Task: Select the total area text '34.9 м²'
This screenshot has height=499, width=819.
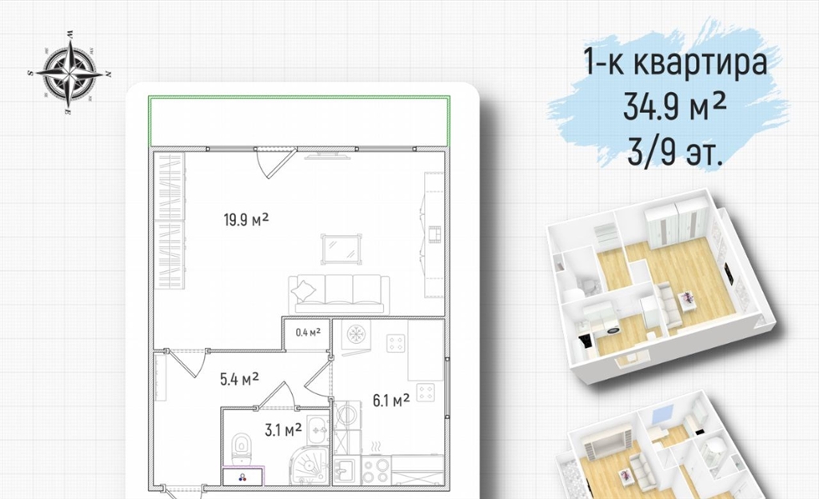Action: pyautogui.click(x=674, y=108)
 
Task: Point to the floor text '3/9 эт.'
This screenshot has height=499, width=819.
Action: pyautogui.click(x=675, y=152)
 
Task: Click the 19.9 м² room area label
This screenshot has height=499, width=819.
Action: pyautogui.click(x=246, y=220)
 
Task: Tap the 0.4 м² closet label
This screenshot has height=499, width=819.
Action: pyautogui.click(x=308, y=332)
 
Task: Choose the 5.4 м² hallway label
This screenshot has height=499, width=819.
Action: pyautogui.click(x=239, y=378)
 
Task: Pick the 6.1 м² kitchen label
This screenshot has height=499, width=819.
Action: pyautogui.click(x=390, y=401)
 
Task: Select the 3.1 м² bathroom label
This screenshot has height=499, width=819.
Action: pyautogui.click(x=283, y=429)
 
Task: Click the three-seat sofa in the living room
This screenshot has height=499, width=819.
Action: pyautogui.click(x=339, y=294)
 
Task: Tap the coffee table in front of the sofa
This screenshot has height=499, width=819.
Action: pyautogui.click(x=341, y=247)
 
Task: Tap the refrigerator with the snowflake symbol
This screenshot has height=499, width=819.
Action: pyautogui.click(x=356, y=334)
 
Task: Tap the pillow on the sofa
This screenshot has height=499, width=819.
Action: pyautogui.click(x=303, y=290)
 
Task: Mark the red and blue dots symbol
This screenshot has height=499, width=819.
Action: pyautogui.click(x=242, y=477)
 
